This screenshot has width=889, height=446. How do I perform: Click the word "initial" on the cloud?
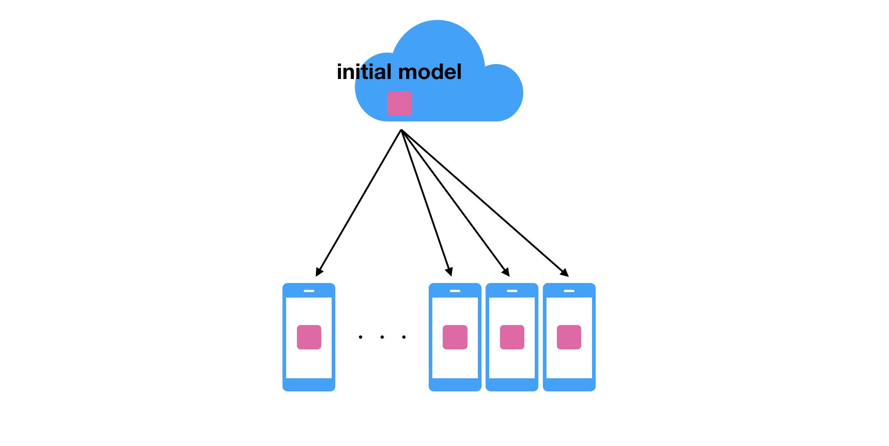pos(364,72)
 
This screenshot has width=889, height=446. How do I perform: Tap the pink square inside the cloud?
pos(399,103)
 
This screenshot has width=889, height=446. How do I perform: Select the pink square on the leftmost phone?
pos(309,337)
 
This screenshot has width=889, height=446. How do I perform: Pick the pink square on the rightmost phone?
pos(569,337)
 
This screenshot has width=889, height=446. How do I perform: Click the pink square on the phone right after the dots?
pos(455,337)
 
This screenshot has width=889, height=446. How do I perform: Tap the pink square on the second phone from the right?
pos(512,337)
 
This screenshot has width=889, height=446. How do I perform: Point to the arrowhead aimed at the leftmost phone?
pos(319,272)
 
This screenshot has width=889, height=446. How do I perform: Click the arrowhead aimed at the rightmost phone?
pos(565,273)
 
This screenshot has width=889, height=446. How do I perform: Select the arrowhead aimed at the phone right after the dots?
pos(449,272)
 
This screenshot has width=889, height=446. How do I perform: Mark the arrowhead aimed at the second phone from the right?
pos(506,272)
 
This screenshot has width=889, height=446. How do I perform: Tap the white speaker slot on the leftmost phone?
pos(309,291)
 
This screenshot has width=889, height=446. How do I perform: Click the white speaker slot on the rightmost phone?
pos(569,291)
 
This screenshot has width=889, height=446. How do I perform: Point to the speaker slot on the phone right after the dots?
pos(455,291)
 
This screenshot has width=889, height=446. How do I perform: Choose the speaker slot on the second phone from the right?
pos(512,291)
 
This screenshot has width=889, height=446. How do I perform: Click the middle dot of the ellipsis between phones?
pos(382,337)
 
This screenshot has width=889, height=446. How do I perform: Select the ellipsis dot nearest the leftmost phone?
pos(361,337)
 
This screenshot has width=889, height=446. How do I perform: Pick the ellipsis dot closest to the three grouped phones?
pos(404,337)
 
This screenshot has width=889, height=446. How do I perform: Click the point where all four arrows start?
pos(401,130)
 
